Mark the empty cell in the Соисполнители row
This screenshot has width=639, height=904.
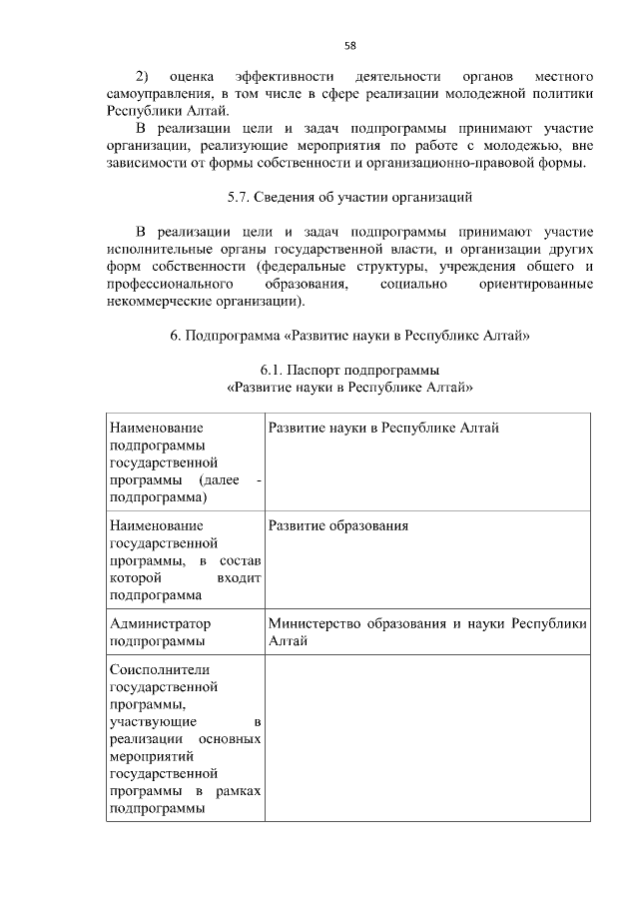(x=425, y=739)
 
